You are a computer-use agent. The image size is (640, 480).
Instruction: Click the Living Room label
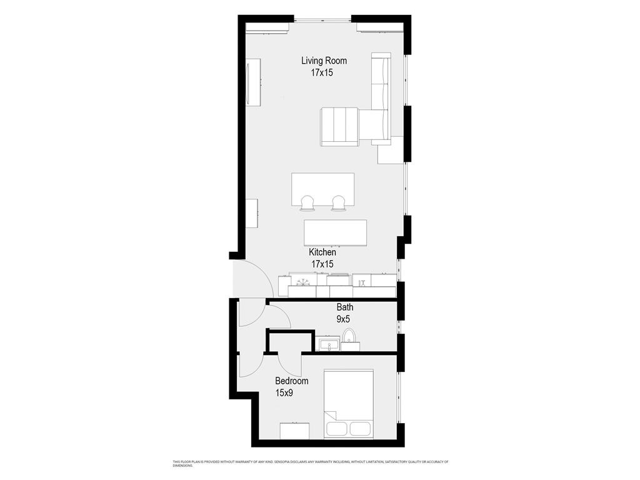click(x=324, y=61)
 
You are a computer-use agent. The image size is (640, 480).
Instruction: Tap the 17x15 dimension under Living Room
click(x=322, y=73)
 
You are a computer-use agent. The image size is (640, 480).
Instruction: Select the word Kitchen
click(x=322, y=252)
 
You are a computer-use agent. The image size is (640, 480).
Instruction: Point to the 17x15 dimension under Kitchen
click(x=322, y=264)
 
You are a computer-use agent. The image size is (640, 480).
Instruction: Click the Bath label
click(x=345, y=307)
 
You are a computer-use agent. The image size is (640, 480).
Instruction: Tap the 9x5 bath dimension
click(x=343, y=319)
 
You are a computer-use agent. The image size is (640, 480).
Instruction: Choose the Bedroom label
click(x=291, y=381)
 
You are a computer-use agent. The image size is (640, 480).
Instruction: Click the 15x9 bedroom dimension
click(x=284, y=393)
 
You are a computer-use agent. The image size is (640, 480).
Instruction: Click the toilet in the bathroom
click(x=349, y=339)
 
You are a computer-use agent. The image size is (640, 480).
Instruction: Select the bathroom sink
click(x=328, y=343)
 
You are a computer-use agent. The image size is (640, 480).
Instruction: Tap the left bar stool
click(x=307, y=203)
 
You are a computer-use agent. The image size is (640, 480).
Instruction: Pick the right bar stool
click(x=338, y=203)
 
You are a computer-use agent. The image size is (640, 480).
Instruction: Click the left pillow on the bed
click(x=337, y=429)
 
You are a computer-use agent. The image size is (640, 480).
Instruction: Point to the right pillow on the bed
click(x=359, y=429)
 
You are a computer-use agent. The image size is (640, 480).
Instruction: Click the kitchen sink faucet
click(x=362, y=282)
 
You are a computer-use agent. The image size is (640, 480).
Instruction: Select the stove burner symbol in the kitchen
click(x=303, y=281)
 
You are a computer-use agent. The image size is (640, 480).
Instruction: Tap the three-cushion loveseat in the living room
click(x=339, y=126)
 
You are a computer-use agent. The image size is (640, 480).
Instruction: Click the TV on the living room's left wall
click(x=253, y=82)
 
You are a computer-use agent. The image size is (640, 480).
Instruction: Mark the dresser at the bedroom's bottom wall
click(x=294, y=431)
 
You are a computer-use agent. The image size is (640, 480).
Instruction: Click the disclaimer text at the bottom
click(x=311, y=464)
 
